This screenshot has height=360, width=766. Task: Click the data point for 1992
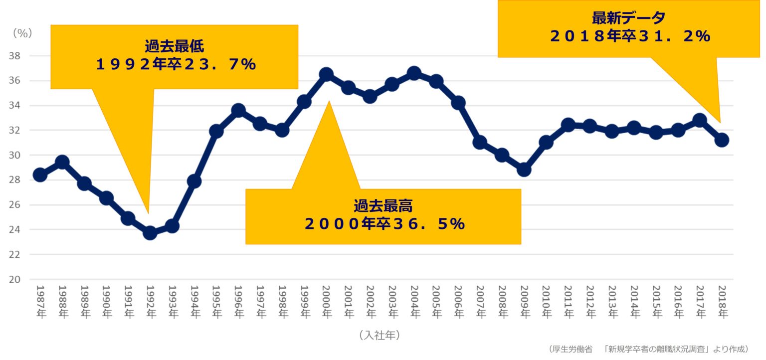point(150,233)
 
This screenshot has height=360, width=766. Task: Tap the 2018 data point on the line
point(722,140)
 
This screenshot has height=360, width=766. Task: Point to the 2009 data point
point(524,170)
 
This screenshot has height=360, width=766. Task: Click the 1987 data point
point(40,175)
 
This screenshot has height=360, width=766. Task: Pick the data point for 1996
point(238,110)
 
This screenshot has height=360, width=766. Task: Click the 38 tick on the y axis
point(14,56)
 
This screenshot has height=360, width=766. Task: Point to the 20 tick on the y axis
point(14,280)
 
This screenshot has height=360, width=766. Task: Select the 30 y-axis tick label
point(14,155)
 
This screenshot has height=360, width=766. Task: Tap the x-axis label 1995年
point(216,302)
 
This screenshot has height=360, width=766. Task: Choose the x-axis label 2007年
point(480,302)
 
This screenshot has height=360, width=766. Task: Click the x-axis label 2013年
point(612,302)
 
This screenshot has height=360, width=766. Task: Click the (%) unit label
point(22,33)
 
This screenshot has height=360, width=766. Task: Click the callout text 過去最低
point(175,47)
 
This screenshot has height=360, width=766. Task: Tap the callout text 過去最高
point(383,205)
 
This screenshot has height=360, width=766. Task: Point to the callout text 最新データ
point(628,18)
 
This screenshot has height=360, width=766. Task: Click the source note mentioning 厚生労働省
point(648,349)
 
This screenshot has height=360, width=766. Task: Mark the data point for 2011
point(568,125)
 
